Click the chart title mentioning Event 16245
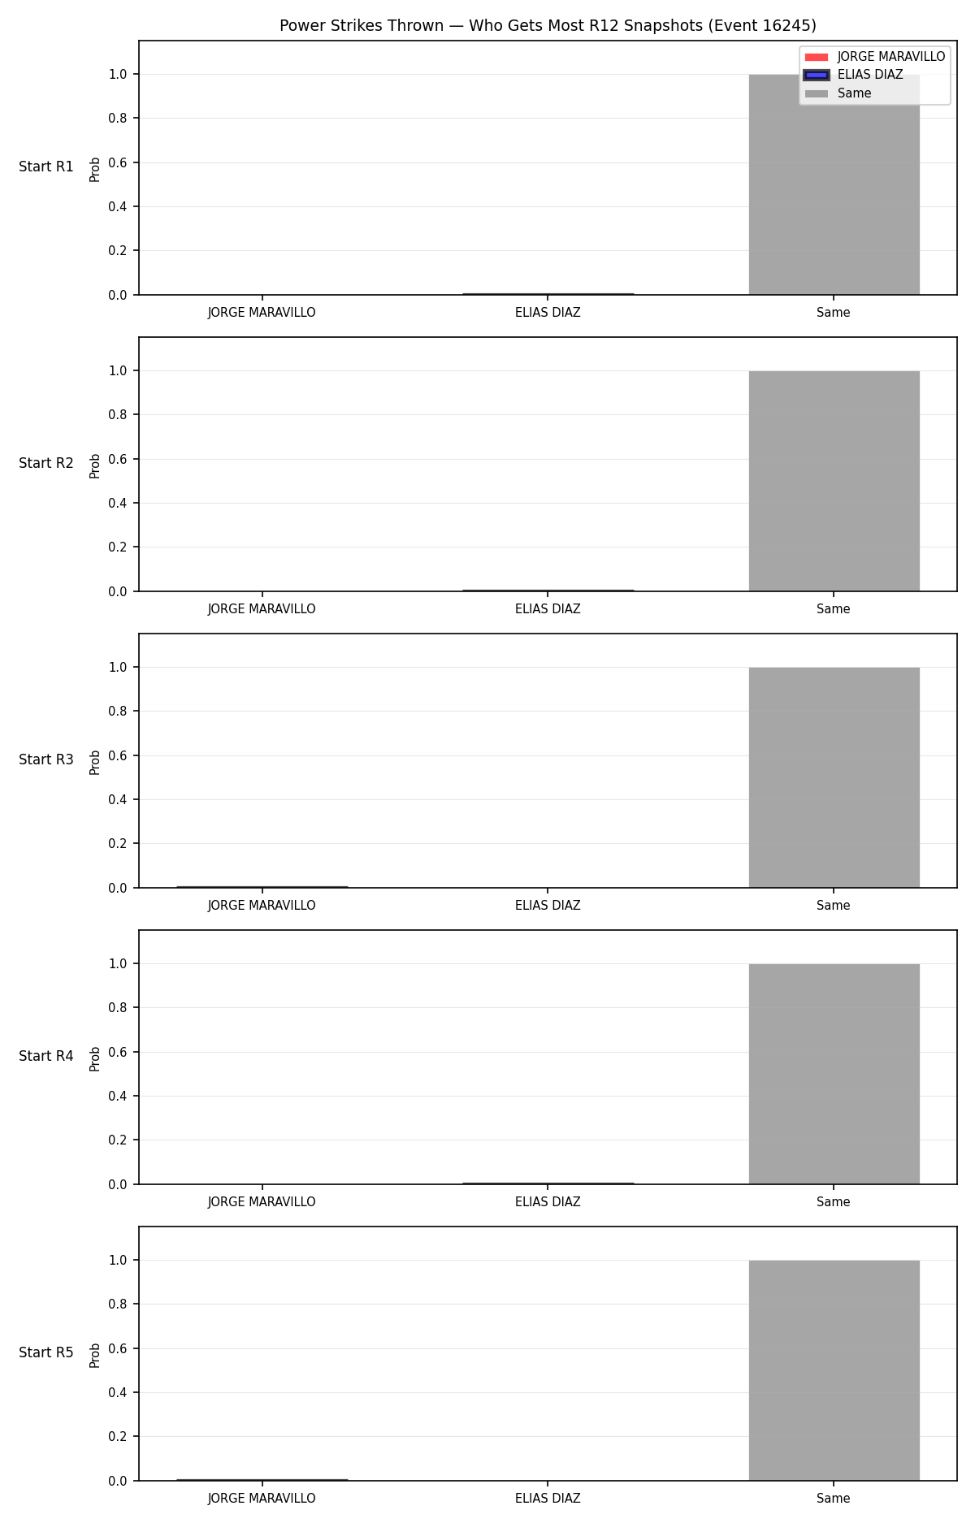click(x=548, y=26)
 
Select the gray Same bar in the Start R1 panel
click(x=834, y=184)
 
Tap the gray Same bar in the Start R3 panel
click(x=834, y=777)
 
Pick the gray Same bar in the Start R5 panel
click(x=834, y=1370)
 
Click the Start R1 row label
click(x=46, y=167)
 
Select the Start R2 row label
click(x=46, y=463)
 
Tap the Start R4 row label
click(x=46, y=1056)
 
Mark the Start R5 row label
click(x=46, y=1352)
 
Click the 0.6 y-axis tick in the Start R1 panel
click(x=119, y=162)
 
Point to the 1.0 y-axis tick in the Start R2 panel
click(x=119, y=370)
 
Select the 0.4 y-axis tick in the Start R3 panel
click(x=119, y=799)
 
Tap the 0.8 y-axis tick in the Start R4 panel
click(x=119, y=1007)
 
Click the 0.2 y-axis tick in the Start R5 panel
click(x=119, y=1436)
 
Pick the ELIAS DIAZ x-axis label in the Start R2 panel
click(x=548, y=609)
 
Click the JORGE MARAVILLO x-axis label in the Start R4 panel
click(x=262, y=1202)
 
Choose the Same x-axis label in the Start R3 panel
click(x=834, y=906)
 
